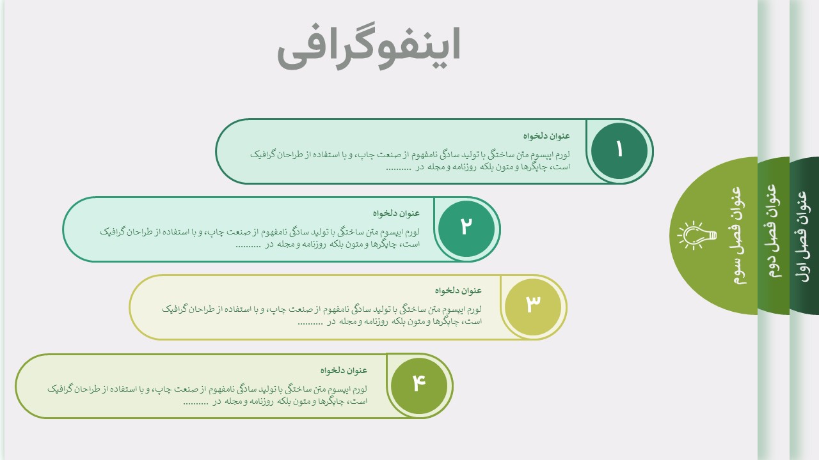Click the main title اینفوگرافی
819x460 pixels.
point(369,47)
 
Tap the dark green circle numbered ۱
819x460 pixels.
point(619,151)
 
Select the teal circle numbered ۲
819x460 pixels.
point(466,229)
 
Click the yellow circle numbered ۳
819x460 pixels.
point(533,307)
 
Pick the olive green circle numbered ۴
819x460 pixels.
point(418,385)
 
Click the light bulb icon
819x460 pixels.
point(697,236)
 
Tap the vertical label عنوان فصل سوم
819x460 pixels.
point(736,235)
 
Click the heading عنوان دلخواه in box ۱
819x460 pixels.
point(546,136)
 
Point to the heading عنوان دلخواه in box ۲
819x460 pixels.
point(396,213)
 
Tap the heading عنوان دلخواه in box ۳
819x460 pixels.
point(458,290)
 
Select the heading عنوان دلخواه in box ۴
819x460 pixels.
point(344,370)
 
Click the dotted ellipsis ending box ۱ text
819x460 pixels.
point(399,168)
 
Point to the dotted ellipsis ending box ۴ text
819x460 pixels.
point(196,402)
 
